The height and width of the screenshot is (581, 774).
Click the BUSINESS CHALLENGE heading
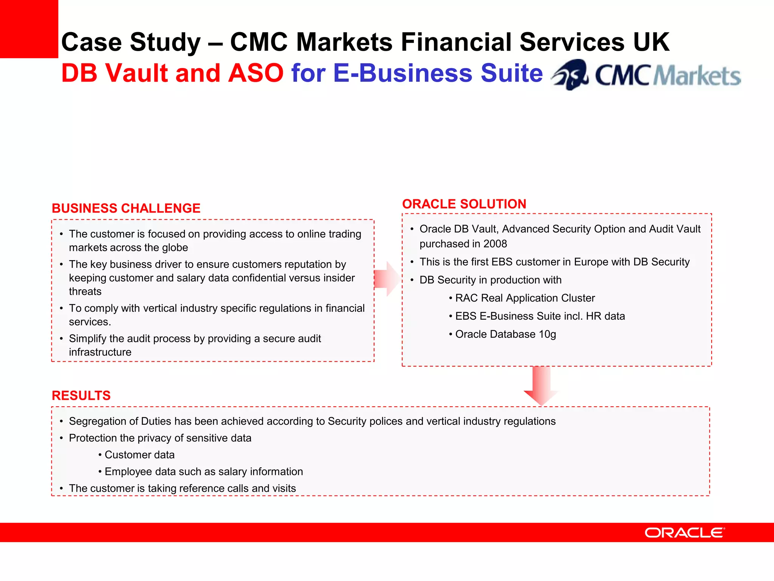coord(126,208)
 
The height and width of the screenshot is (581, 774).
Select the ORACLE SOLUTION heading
coord(464,204)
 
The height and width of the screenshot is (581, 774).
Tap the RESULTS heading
coord(81,396)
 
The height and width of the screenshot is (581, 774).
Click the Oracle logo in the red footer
coord(684,533)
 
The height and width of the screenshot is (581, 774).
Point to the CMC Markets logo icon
coord(570,75)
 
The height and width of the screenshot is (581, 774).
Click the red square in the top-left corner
coord(29,29)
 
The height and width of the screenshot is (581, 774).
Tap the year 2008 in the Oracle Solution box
coord(495,244)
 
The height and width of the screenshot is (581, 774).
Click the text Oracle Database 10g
coord(505,334)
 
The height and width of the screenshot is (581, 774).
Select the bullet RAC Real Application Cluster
coord(525,298)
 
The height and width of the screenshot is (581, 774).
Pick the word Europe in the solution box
coord(609,262)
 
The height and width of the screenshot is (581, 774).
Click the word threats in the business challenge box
coord(85,292)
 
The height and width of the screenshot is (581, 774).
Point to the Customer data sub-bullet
coord(139,455)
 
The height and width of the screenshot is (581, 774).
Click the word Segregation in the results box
coord(97,421)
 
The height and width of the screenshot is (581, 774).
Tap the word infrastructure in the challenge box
coord(100,352)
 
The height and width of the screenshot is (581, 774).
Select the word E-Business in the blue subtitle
coord(402,73)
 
